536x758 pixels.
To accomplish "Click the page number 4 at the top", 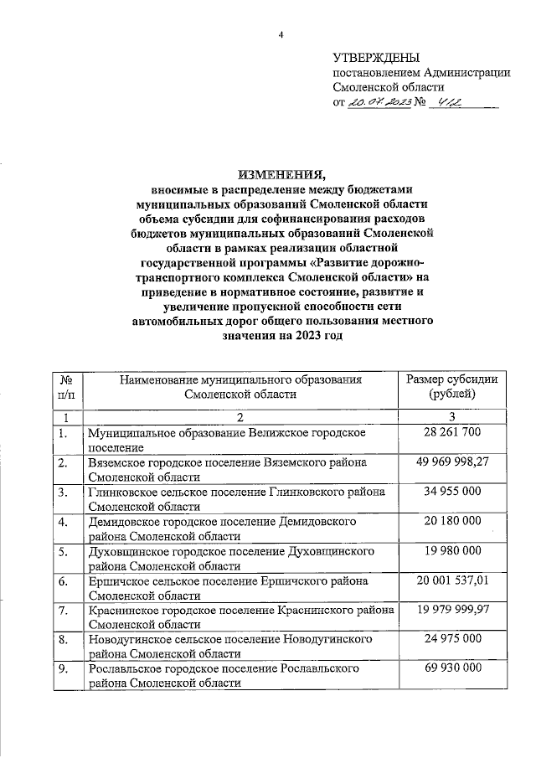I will click(281, 34).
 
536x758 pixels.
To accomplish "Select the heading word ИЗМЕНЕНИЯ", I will click(281, 174).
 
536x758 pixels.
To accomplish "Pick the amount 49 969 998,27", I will click(451, 462).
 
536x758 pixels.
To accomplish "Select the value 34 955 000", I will click(451, 491).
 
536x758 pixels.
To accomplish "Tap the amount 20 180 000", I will click(451, 521).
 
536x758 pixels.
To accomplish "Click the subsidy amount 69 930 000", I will click(451, 669).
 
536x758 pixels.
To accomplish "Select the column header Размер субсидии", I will click(451, 379).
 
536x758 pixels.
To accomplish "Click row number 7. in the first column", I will click(61, 610).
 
